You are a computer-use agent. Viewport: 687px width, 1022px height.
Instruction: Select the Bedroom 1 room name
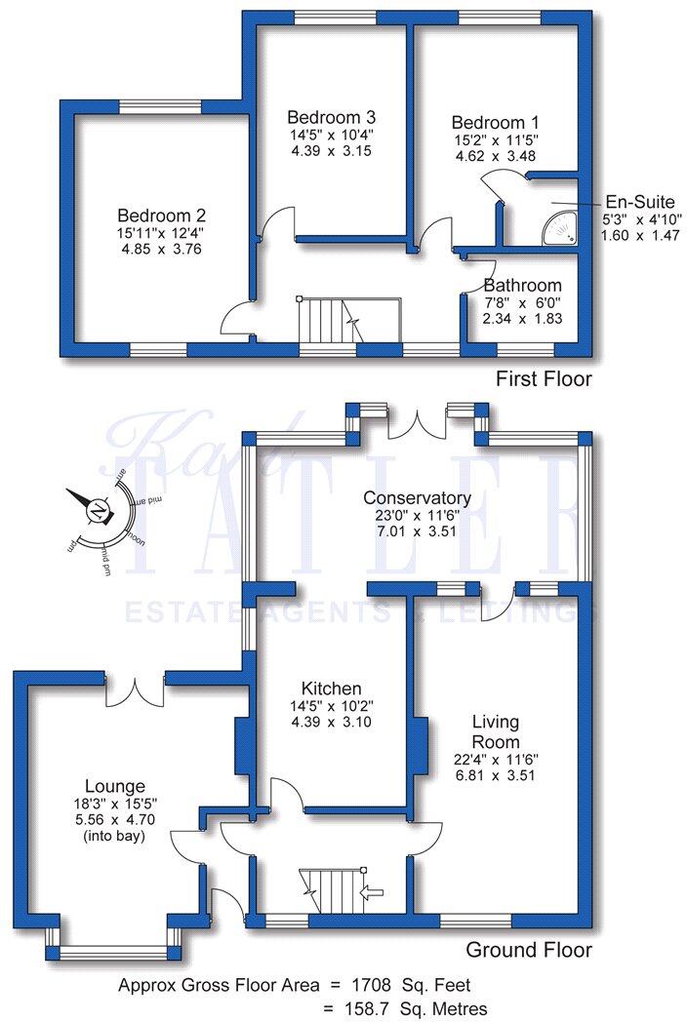(495, 123)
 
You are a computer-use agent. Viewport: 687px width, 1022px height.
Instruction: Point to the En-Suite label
(639, 203)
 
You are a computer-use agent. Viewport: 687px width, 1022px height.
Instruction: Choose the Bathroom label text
(522, 286)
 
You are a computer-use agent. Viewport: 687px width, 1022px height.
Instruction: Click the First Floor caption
(544, 378)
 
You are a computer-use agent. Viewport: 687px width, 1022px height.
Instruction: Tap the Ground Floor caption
(528, 949)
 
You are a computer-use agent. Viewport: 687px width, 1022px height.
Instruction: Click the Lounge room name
(114, 786)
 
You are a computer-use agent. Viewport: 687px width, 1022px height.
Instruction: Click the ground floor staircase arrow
(372, 889)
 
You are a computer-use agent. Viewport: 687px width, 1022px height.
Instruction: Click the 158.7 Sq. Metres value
(422, 1008)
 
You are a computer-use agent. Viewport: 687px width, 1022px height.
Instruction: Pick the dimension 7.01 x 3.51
(420, 505)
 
